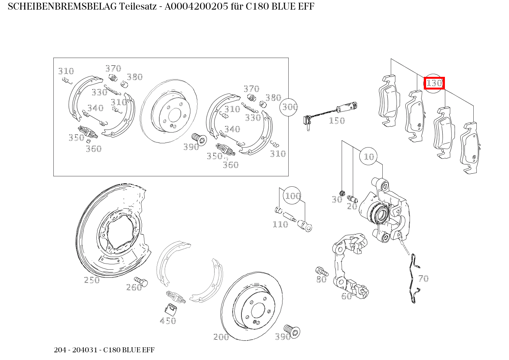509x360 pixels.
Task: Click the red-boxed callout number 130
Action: (434, 83)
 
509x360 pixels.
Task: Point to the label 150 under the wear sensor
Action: (337, 121)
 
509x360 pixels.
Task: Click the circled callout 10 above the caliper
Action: (369, 156)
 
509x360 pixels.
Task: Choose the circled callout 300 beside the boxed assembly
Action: (290, 107)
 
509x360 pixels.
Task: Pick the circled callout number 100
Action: (292, 196)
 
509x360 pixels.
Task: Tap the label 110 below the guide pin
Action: (280, 224)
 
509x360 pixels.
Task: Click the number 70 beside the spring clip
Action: (423, 279)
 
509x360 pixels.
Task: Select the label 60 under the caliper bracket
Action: (346, 296)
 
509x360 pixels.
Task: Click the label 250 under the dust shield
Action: (92, 280)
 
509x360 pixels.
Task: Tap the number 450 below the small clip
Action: (168, 321)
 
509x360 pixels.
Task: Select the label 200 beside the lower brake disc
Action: (221, 337)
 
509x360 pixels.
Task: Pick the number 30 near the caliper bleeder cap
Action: (336, 199)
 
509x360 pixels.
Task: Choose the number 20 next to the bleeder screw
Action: (352, 206)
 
